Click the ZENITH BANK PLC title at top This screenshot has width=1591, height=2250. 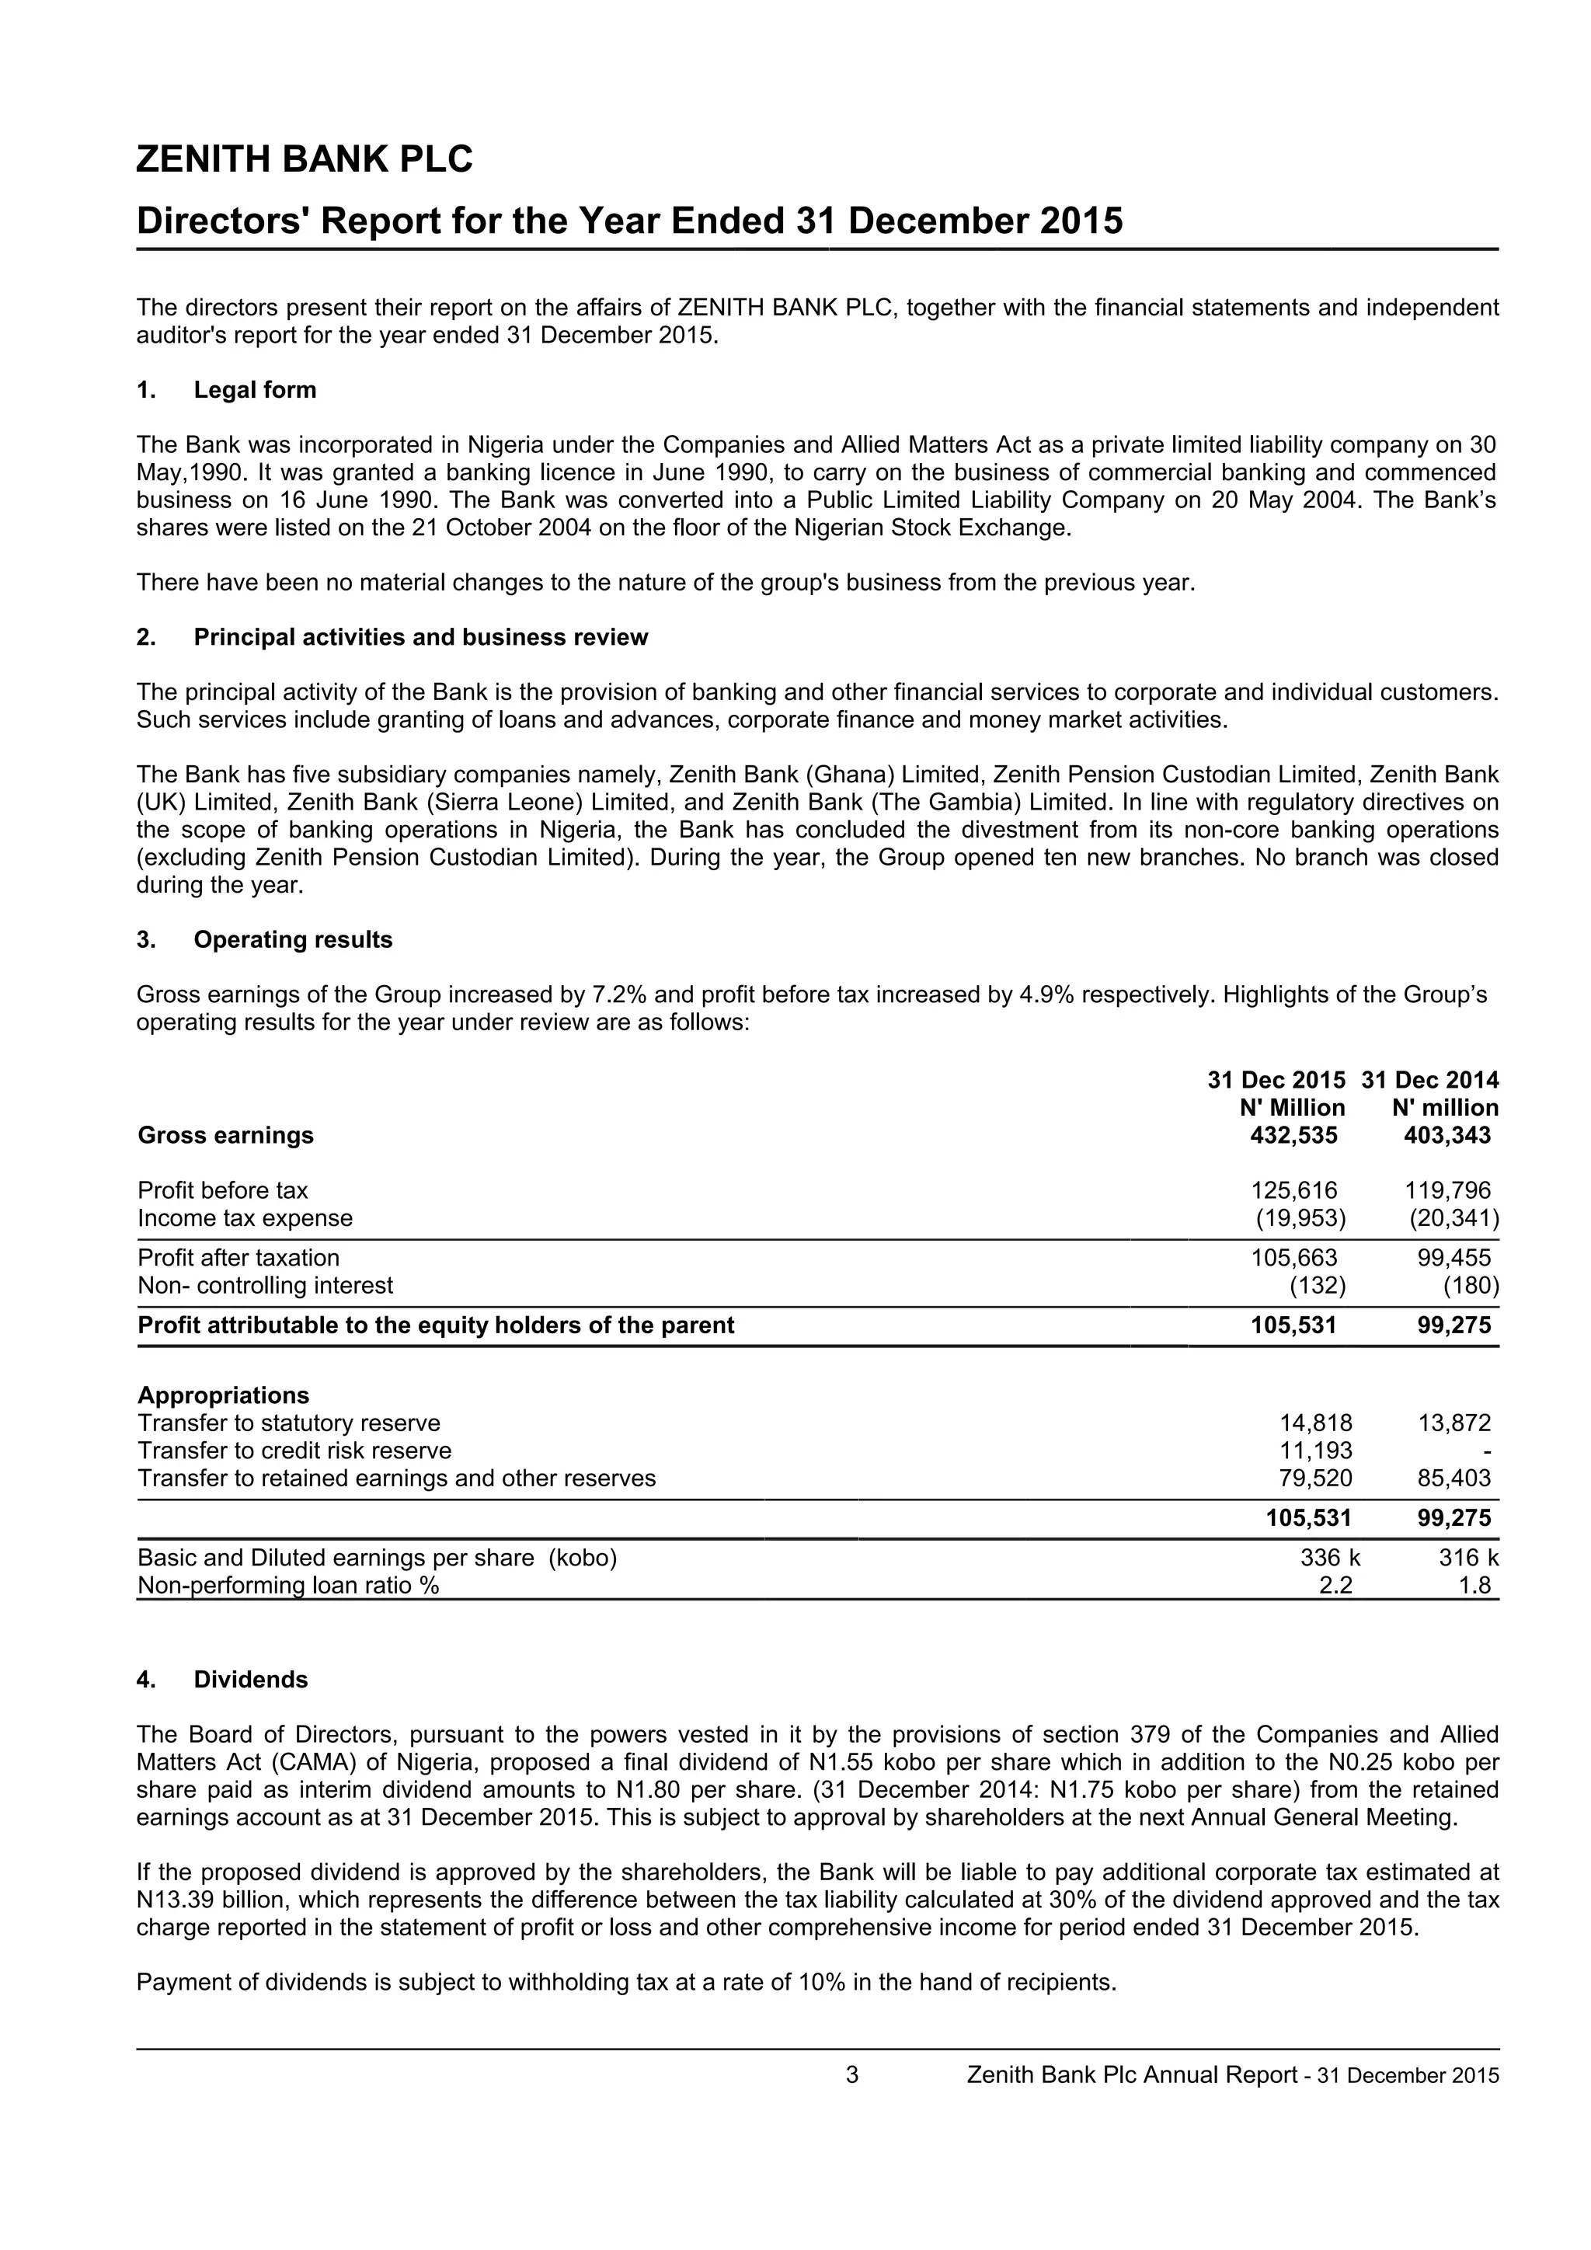coord(304,160)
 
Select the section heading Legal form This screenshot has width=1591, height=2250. coord(255,390)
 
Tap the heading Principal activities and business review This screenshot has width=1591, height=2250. coord(420,638)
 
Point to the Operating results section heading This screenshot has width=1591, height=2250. coord(292,940)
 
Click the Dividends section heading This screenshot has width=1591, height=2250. coord(250,1680)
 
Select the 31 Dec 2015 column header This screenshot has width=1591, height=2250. coord(1276,1080)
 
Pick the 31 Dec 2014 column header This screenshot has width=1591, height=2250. coord(1429,1080)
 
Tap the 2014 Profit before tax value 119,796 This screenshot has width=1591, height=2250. coord(1447,1191)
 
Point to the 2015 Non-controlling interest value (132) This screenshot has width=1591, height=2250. coord(1314,1285)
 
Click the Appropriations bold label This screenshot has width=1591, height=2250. coord(224,1395)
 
